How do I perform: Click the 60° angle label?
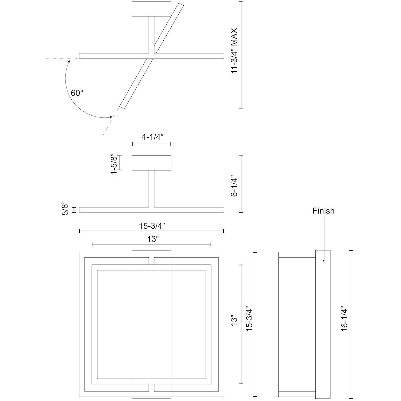click(x=77, y=93)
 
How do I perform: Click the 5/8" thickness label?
click(x=65, y=210)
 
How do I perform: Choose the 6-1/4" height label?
click(x=234, y=187)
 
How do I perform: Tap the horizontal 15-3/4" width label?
click(x=152, y=226)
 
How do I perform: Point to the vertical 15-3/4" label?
click(x=249, y=318)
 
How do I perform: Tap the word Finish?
click(x=323, y=211)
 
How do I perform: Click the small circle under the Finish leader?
click(x=324, y=261)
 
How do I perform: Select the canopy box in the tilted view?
click(x=151, y=9)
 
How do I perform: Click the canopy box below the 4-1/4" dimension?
click(x=151, y=163)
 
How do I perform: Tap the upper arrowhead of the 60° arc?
click(x=69, y=61)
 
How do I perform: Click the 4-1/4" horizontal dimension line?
click(x=151, y=144)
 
